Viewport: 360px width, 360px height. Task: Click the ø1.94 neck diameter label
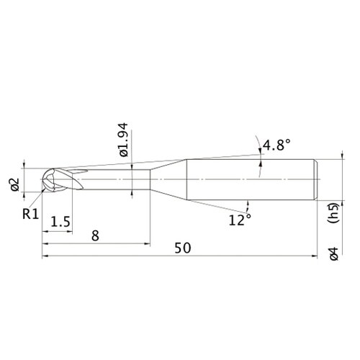124,140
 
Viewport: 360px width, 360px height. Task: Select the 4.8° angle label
276,145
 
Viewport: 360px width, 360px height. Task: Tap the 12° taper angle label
240,220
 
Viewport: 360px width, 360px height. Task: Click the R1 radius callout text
30,214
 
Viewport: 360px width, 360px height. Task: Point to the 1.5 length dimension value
60,222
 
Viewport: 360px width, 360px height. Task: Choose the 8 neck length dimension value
95,235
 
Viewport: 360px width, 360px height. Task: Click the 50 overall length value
183,248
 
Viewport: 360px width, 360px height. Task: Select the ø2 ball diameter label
15,184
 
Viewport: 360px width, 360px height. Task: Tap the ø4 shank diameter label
334,254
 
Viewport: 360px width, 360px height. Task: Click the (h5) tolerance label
333,213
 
